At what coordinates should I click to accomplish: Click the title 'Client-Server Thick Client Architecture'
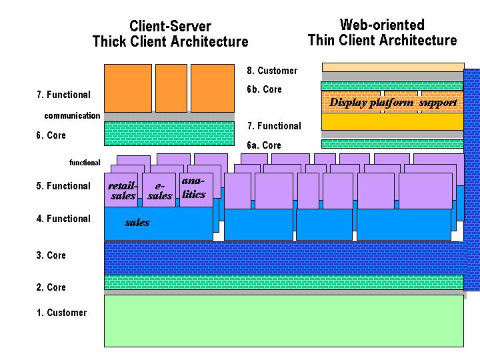(x=170, y=34)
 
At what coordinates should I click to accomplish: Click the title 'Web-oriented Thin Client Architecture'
(x=382, y=33)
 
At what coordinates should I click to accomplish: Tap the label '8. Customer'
(x=272, y=71)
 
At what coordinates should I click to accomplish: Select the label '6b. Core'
(x=264, y=89)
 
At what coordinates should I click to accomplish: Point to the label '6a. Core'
(x=264, y=145)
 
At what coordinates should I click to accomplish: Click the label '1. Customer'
(x=61, y=313)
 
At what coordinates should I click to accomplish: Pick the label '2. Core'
(x=51, y=287)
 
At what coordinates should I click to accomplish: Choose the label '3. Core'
(x=51, y=255)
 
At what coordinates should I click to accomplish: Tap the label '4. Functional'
(x=63, y=219)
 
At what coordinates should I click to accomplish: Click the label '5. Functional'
(x=63, y=186)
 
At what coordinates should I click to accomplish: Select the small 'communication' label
(x=72, y=116)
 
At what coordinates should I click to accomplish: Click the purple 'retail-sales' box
(x=123, y=190)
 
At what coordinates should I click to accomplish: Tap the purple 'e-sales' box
(x=159, y=191)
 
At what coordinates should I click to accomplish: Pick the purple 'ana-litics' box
(x=194, y=187)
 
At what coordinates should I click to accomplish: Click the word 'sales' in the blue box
(x=137, y=223)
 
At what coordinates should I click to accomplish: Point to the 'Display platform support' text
(x=393, y=103)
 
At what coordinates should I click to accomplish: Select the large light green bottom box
(x=283, y=321)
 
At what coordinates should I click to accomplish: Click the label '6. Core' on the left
(x=51, y=135)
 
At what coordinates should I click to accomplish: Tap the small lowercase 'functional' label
(x=85, y=163)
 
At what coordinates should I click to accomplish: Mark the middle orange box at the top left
(x=171, y=87)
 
